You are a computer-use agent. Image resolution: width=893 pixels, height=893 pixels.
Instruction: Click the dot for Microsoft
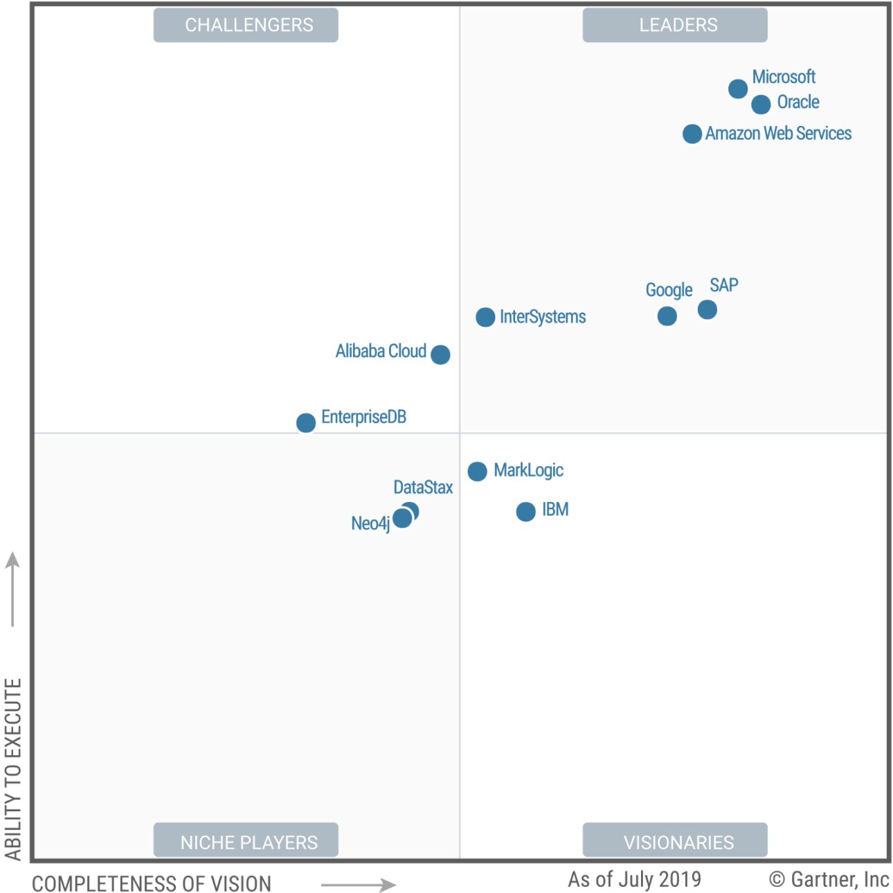[738, 89]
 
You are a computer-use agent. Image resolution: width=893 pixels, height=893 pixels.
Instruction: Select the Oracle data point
[761, 105]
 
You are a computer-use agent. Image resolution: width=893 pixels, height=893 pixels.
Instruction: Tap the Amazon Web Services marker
[692, 134]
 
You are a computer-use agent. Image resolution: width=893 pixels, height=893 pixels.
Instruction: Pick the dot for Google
[667, 316]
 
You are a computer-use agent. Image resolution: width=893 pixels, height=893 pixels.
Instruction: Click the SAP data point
[707, 309]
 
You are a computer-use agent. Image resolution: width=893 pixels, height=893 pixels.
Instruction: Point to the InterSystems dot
[485, 317]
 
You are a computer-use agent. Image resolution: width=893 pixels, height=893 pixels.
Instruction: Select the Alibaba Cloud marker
[440, 354]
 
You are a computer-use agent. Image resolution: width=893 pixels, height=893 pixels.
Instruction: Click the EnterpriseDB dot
[306, 422]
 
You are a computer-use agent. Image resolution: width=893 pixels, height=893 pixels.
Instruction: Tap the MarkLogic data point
[477, 471]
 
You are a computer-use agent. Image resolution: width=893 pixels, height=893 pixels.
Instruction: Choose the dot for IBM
[525, 512]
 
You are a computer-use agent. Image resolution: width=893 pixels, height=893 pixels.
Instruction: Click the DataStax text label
[423, 487]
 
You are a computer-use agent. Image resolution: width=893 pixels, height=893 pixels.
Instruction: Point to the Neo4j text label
[370, 523]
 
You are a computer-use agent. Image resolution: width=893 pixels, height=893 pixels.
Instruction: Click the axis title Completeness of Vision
[152, 884]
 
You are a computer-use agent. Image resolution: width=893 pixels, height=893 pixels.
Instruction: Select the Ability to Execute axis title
[13, 768]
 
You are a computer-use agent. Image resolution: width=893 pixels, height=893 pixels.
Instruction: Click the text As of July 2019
[634, 879]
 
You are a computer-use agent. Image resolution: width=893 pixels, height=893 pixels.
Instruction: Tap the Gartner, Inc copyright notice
[829, 879]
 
